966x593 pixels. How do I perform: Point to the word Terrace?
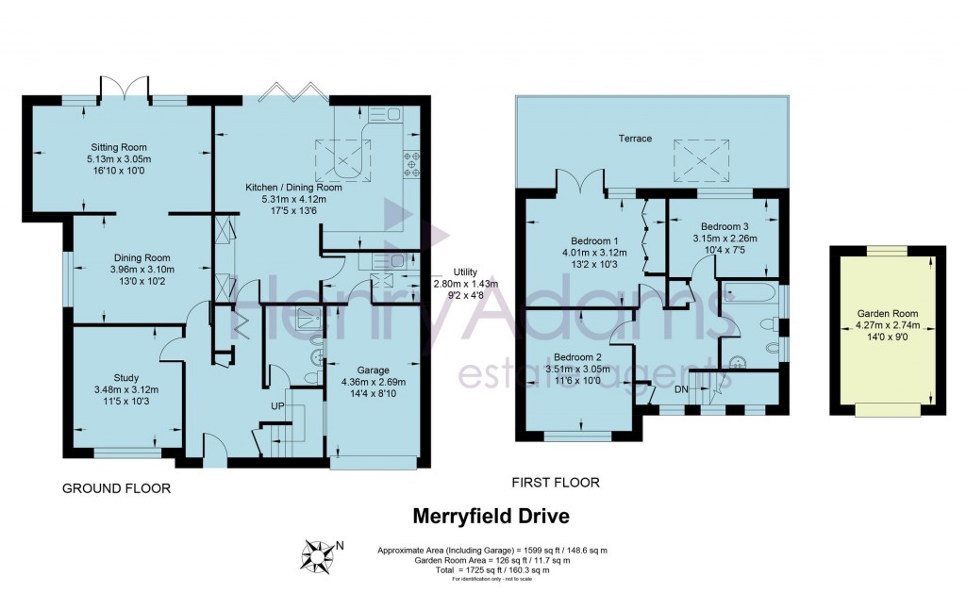coord(635,139)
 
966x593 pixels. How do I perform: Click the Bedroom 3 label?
coord(724,226)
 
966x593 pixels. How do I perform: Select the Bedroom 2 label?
coord(577,357)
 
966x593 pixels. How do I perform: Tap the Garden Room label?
coord(886,314)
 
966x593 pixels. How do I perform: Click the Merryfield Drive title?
coord(491,517)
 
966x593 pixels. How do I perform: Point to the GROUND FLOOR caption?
coord(116,488)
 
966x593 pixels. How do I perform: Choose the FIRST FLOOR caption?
coord(556,483)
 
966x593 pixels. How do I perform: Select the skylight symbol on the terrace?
coord(701,157)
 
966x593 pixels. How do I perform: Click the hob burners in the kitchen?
coord(412,164)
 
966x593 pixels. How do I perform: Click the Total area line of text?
coord(491,570)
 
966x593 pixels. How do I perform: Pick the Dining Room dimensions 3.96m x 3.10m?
coord(142,269)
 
